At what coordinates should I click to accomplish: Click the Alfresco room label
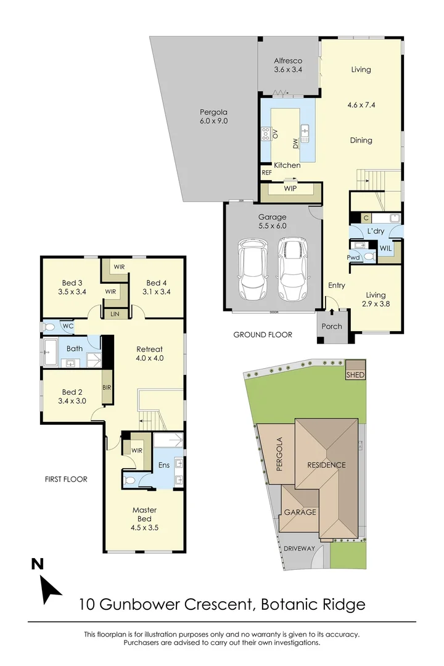[288, 60]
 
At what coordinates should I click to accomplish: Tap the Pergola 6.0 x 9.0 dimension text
[213, 121]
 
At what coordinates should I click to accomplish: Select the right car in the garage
[291, 268]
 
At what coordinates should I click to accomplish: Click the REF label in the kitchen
[266, 173]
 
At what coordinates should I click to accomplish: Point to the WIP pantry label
[290, 188]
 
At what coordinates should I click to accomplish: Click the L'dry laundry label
[376, 231]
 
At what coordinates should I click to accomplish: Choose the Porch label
[332, 326]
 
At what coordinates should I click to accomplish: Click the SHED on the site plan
[355, 375]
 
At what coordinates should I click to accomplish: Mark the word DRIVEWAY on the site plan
[300, 548]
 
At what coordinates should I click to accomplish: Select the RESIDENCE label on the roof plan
[327, 465]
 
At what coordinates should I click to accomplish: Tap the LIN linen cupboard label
[115, 314]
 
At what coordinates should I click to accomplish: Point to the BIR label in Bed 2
[107, 388]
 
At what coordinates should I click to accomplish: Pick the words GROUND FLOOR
[263, 335]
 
